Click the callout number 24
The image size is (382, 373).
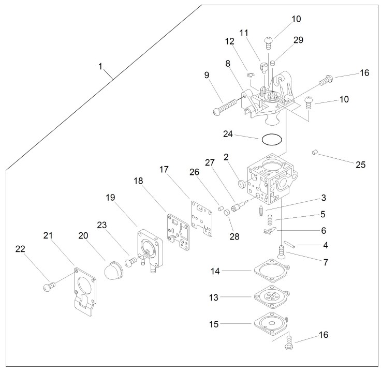228,134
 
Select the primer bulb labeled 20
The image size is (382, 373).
113,270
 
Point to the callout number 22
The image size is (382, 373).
20,249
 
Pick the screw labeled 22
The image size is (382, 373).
49,286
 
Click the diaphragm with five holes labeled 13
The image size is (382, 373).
271,296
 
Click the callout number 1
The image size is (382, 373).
100,66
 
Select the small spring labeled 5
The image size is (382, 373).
270,220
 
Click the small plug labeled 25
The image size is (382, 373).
315,152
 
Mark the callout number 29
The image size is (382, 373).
298,40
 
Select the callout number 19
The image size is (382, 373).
110,198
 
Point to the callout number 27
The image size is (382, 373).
210,162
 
